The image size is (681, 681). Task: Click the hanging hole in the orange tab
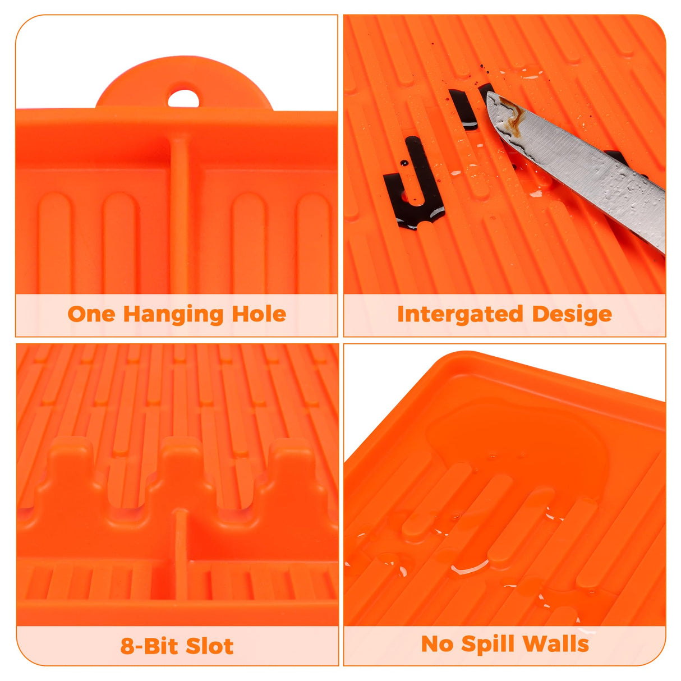coord(183,98)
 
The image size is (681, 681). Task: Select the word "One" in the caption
coord(91,314)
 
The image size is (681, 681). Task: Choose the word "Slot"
coord(209,646)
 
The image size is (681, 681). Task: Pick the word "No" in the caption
coord(437,644)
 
